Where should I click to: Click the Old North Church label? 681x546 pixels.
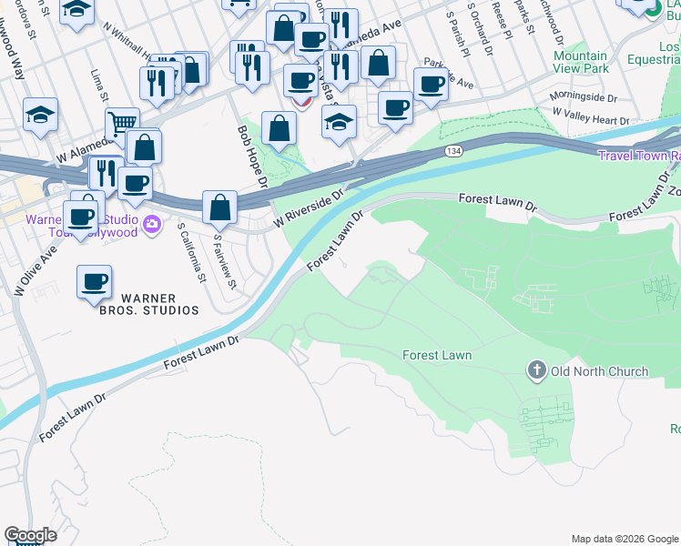point(599,371)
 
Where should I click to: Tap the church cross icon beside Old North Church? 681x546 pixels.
point(536,370)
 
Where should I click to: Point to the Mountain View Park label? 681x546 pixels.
point(581,62)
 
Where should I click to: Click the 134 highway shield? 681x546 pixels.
point(453,150)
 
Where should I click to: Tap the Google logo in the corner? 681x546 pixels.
point(29,535)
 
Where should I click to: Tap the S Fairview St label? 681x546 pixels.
point(225,262)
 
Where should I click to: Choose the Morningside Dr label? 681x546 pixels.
point(583,97)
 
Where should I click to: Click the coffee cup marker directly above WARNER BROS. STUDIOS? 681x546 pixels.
point(94,280)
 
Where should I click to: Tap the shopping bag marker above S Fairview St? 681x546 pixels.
point(220,207)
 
